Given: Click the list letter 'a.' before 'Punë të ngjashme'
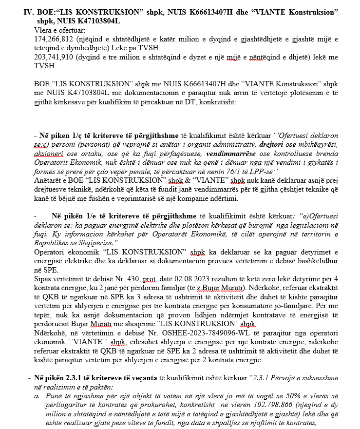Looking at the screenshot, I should click(x=37, y=395).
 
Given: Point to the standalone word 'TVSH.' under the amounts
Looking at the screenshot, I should click(x=44, y=65).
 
